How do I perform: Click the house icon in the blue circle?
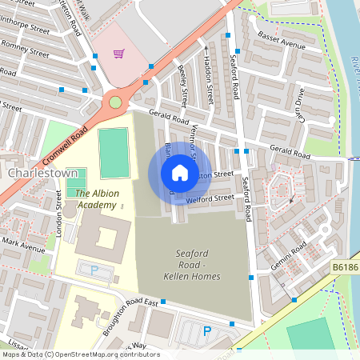tap(180, 173)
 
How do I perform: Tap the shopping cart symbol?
tap(119, 54)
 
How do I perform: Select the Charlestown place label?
tap(42, 172)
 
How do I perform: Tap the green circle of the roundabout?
tap(115, 102)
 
